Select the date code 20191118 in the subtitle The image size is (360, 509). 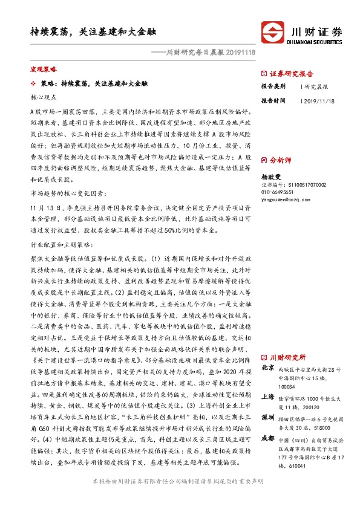[239, 53]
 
